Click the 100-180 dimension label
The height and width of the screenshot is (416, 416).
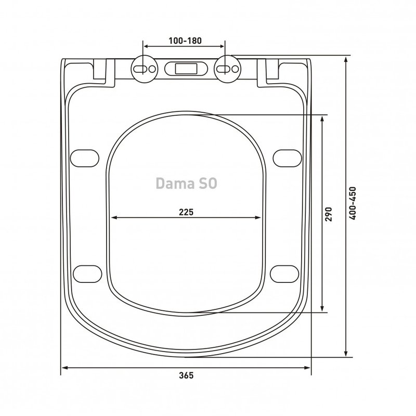(x=185, y=41)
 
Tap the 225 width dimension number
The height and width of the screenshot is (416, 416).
(x=186, y=212)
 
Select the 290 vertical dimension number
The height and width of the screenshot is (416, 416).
(x=329, y=214)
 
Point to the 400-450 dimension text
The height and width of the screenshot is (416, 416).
(x=353, y=203)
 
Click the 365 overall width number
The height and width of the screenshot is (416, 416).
(x=186, y=375)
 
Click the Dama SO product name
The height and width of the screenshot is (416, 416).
(x=186, y=184)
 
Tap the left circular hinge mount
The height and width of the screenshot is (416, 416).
(x=145, y=69)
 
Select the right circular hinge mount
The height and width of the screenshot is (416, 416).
(x=227, y=69)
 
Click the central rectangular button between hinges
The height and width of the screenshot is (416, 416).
(x=186, y=69)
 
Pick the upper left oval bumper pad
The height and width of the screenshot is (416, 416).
(x=85, y=158)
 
